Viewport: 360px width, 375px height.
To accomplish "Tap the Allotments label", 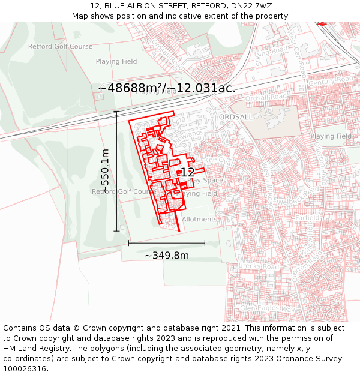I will (x=199, y=220).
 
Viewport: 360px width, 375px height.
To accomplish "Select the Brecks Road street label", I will (x=259, y=265).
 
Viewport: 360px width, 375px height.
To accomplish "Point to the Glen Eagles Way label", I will (x=268, y=308).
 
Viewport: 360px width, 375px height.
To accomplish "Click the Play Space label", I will (x=205, y=181).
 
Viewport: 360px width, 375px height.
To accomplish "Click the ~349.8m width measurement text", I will (x=167, y=256).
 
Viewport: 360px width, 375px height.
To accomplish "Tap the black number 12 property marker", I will (x=187, y=173).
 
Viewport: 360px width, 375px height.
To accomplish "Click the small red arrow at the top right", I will (x=322, y=24).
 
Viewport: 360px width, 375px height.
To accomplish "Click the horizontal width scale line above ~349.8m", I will (x=167, y=243).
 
